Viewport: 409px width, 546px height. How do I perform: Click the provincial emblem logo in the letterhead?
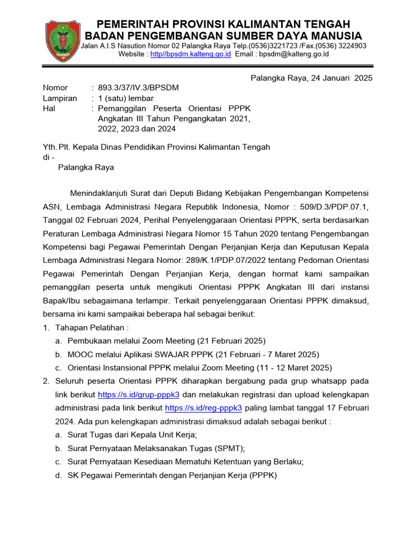(63, 40)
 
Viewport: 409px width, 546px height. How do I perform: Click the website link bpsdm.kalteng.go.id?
(190, 54)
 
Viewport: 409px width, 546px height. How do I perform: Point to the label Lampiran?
(60, 98)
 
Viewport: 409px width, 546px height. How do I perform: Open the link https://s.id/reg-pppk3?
(203, 408)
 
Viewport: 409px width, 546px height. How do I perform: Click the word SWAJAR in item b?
(174, 355)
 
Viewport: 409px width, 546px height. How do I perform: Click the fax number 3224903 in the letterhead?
(350, 46)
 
